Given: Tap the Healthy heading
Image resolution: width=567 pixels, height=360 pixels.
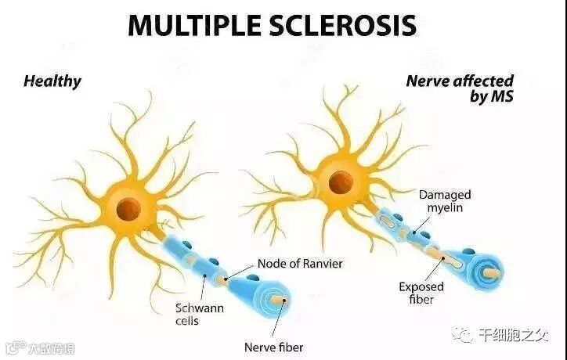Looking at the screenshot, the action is pos(52,81).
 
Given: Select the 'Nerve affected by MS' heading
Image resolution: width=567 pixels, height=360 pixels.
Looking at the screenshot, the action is pos(460,88).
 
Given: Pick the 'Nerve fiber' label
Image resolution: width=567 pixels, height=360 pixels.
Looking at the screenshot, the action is pos(273,347).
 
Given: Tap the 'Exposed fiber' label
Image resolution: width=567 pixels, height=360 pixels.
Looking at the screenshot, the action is pos(421,293).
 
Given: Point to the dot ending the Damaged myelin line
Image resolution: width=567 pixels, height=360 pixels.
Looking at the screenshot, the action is pos(418,232).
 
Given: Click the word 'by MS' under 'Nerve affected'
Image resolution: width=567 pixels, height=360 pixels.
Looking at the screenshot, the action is pos(491,97).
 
